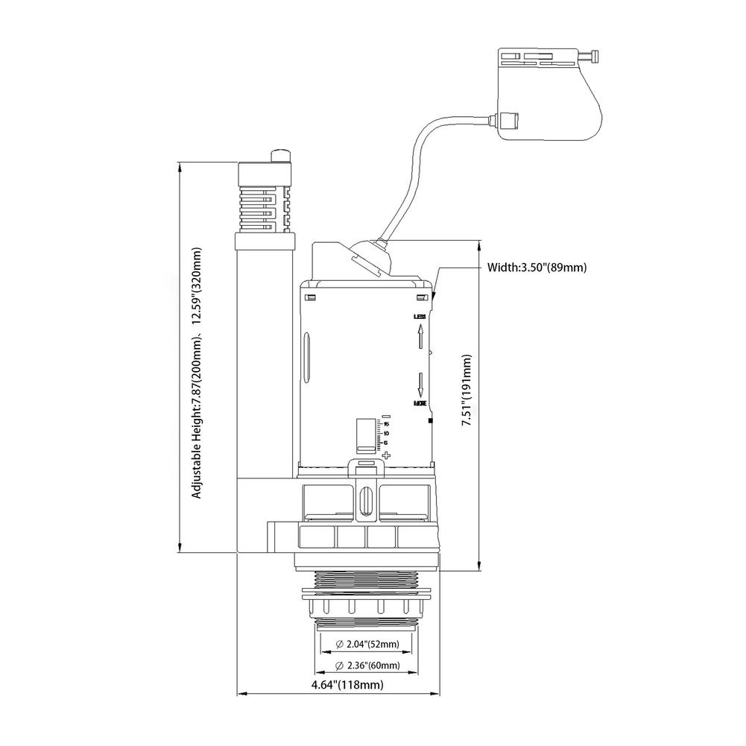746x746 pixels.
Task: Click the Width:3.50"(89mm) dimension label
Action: click(531, 266)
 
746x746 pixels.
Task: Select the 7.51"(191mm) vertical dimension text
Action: click(467, 390)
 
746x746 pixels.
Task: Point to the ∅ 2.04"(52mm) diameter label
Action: click(368, 645)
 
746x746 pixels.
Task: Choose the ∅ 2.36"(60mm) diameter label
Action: click(368, 665)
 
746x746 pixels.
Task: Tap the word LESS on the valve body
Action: click(420, 317)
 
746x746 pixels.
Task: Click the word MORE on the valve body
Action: click(420, 403)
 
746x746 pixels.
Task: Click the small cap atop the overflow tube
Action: click(281, 155)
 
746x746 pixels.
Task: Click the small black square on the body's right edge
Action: click(430, 421)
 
